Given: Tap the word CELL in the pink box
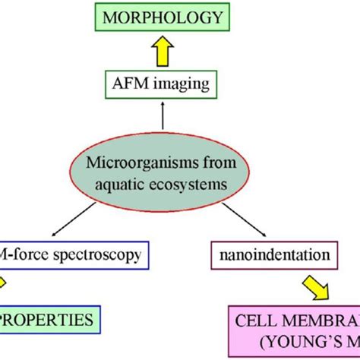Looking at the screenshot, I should pos(255,321).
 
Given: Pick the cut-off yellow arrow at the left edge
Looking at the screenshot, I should pos(4,283).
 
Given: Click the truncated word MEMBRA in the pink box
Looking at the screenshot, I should pos(319,321).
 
